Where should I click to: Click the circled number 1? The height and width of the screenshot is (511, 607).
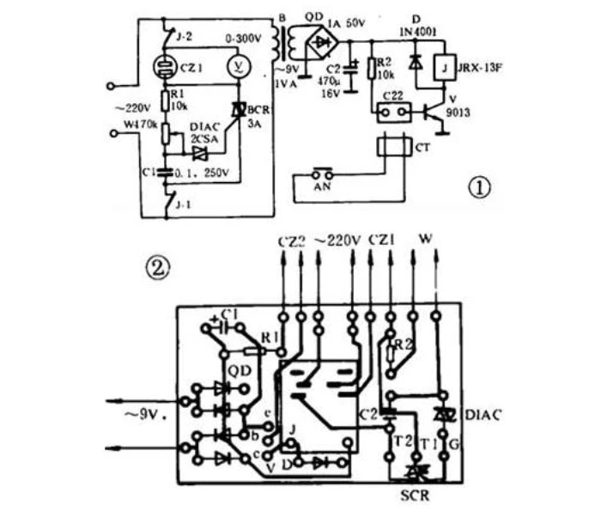point(482,186)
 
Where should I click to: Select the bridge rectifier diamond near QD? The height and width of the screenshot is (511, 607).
point(325,40)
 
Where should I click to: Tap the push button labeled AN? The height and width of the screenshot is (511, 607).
point(322,176)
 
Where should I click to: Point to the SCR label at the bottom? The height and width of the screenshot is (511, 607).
point(415,497)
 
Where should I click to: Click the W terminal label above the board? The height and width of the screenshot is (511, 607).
point(426,239)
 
